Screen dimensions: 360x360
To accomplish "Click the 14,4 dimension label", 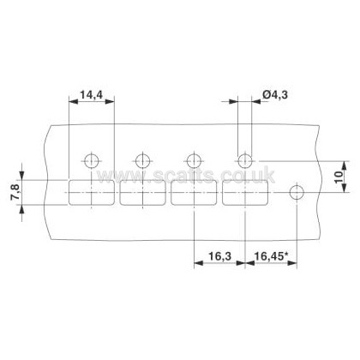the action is (91, 94).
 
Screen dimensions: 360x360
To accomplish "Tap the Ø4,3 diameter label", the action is (274, 94).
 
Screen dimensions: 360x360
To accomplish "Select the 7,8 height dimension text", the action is (15, 193).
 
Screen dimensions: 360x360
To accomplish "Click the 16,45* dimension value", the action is (270, 255).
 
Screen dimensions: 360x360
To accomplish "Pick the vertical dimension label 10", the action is (339, 177).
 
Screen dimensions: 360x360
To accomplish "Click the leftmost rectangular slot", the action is (92, 193).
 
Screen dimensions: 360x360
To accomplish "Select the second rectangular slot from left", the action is (142, 193).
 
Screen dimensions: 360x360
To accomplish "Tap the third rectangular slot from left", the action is (194, 193).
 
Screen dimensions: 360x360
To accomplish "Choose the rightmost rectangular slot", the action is (245, 193).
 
